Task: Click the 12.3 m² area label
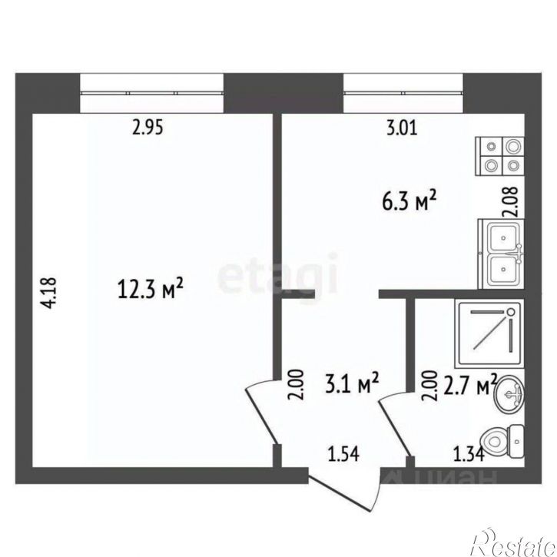tap(150, 288)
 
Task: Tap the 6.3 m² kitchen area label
tap(409, 201)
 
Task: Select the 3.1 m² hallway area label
tap(352, 383)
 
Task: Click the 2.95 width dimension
tap(148, 128)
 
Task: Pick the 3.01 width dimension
tap(402, 128)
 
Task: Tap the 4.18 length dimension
tap(48, 293)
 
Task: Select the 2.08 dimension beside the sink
tap(509, 202)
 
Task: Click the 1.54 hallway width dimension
tap(343, 454)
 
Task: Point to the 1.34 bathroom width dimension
tap(469, 454)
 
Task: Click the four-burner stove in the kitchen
tap(500, 156)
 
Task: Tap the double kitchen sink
tap(501, 254)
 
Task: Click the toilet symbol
tap(502, 442)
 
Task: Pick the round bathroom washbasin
tap(509, 395)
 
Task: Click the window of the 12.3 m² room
tap(152, 93)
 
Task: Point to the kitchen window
tap(403, 93)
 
